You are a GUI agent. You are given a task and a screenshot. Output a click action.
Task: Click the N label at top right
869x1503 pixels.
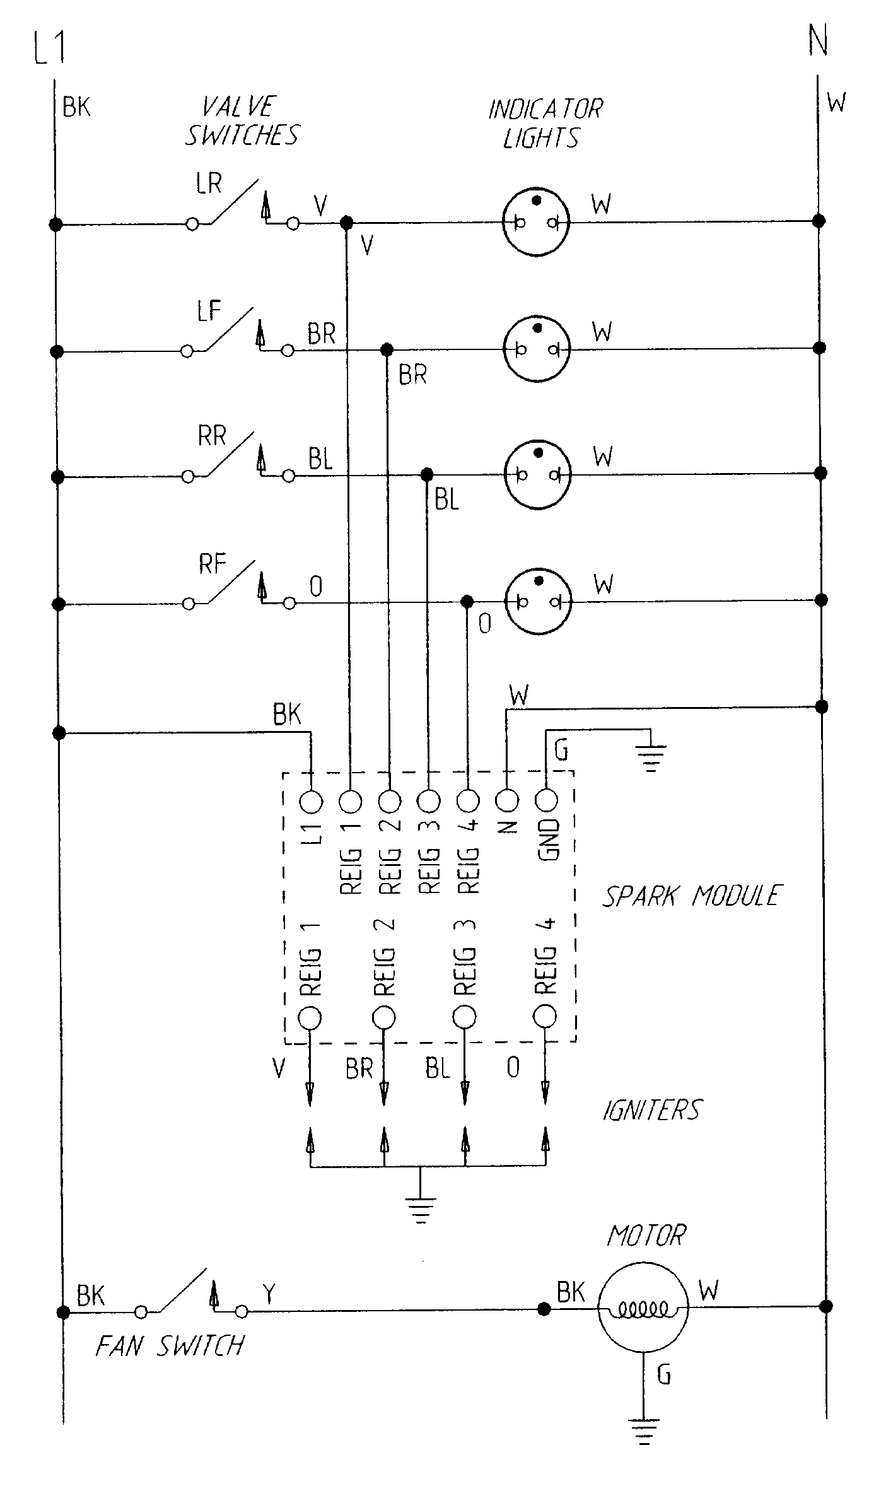pos(818,41)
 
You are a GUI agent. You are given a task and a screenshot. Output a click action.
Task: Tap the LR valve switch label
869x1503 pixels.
pos(209,184)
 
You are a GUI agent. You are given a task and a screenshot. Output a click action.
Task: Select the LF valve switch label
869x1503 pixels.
pos(209,311)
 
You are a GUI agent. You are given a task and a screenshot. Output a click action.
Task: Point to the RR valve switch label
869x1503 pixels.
pos(212,436)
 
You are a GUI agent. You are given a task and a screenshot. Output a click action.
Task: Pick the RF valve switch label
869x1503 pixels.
pos(213,564)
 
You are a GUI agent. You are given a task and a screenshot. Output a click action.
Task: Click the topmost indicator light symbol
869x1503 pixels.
pos(537,221)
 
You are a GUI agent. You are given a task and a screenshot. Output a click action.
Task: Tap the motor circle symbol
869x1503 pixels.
pos(643,1309)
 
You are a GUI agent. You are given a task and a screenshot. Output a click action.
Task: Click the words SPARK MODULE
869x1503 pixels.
pos(692,896)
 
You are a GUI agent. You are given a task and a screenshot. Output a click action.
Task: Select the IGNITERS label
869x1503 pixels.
pos(651,1110)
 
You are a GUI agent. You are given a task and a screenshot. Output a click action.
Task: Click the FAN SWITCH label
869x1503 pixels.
pos(170,1347)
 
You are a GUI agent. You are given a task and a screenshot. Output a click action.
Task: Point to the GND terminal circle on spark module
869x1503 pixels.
pos(546,801)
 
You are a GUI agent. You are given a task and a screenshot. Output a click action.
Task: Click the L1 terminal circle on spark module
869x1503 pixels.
pos(312,802)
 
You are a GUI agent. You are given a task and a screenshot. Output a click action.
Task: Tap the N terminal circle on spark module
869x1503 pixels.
pos(507,801)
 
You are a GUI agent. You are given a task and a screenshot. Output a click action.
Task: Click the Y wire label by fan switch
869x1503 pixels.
pos(270,1294)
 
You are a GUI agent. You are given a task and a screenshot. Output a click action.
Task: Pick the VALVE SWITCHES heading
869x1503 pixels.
pos(242,121)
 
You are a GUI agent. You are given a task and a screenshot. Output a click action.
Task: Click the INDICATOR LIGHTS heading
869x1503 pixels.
pos(545,124)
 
